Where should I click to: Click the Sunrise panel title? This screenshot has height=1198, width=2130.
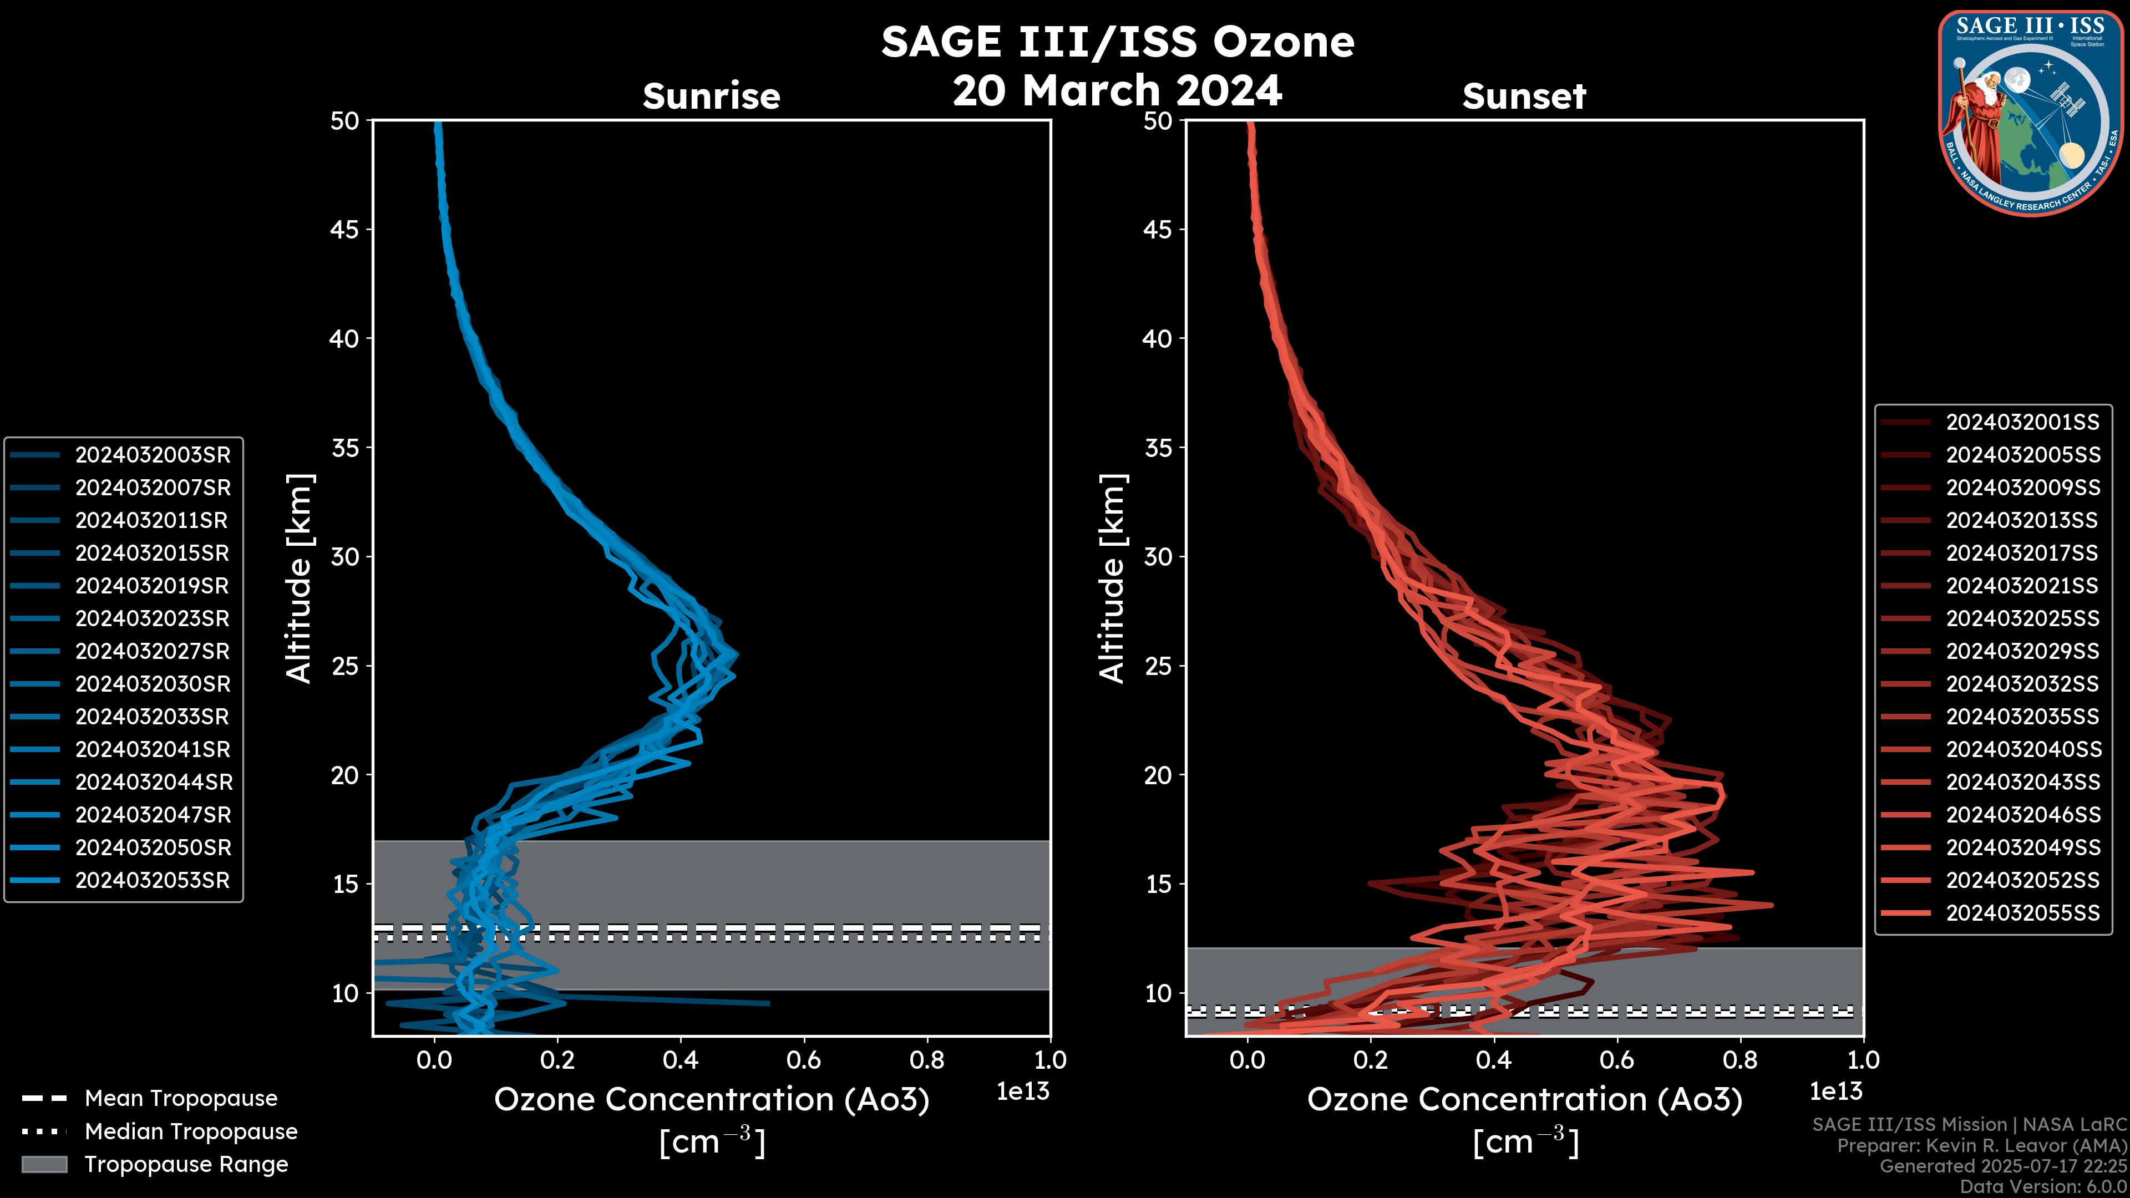[711, 97]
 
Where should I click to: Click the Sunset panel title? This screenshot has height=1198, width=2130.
[1524, 97]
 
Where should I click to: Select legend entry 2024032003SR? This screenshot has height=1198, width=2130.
[152, 455]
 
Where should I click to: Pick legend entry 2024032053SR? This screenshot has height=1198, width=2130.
[152, 881]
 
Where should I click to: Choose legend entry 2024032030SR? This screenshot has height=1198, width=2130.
[152, 684]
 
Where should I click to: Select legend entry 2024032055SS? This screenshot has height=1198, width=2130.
[2022, 913]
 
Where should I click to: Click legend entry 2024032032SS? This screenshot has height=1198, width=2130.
[2022, 684]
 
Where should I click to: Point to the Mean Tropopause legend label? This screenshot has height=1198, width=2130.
[181, 1099]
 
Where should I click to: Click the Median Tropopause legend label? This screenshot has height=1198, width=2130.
[191, 1132]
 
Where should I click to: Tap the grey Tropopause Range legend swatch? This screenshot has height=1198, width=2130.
[44, 1164]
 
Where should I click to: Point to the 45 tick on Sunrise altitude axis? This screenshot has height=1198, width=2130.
[345, 230]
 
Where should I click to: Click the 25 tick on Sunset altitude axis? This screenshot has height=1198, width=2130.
[1158, 666]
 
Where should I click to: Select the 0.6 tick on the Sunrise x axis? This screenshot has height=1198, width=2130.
[804, 1060]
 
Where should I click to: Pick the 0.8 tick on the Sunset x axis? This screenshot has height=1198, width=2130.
[1739, 1060]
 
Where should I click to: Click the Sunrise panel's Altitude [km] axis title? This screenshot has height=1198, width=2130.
[300, 578]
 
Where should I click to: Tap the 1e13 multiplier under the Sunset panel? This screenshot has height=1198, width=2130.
[1835, 1092]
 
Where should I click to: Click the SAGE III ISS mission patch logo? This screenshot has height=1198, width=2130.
[2029, 113]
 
